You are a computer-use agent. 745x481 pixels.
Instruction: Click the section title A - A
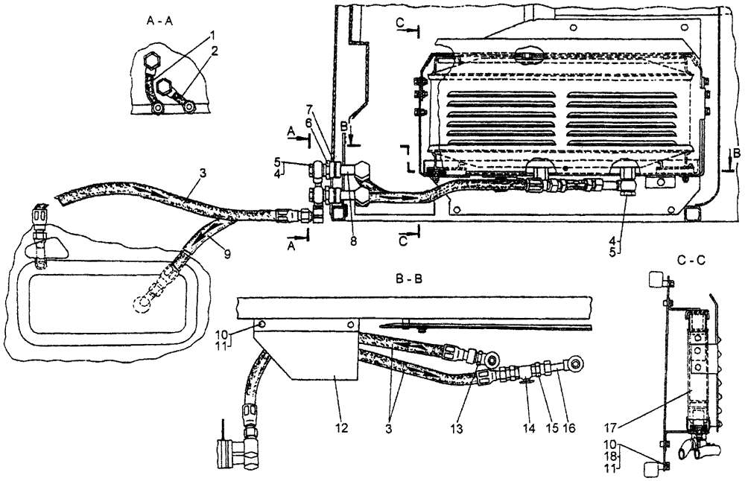click(162, 22)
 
